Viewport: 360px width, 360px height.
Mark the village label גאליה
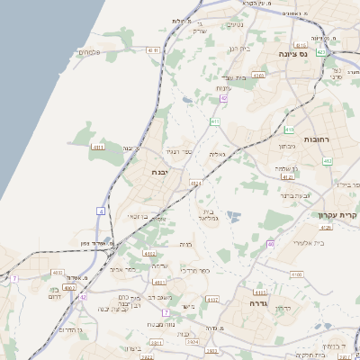pyautogui.click(x=217, y=155)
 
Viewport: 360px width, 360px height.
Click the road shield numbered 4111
pyautogui.click(x=152, y=50)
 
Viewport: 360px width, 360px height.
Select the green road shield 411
pyautogui.click(x=215, y=121)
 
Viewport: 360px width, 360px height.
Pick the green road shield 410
pyautogui.click(x=289, y=130)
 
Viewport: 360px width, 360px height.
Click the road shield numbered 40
pyautogui.click(x=270, y=244)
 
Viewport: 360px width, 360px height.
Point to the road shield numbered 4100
pyautogui.click(x=296, y=274)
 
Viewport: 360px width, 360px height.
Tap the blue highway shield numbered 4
pyautogui.click(x=101, y=211)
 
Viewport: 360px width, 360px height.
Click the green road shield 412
pyautogui.click(x=327, y=161)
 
